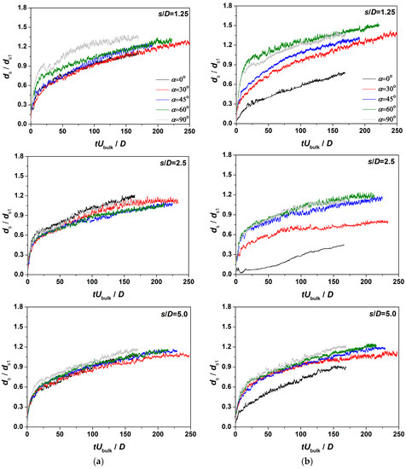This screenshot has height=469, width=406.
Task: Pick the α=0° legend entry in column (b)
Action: [369, 78]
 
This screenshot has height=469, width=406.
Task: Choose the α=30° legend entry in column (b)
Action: [369, 89]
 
